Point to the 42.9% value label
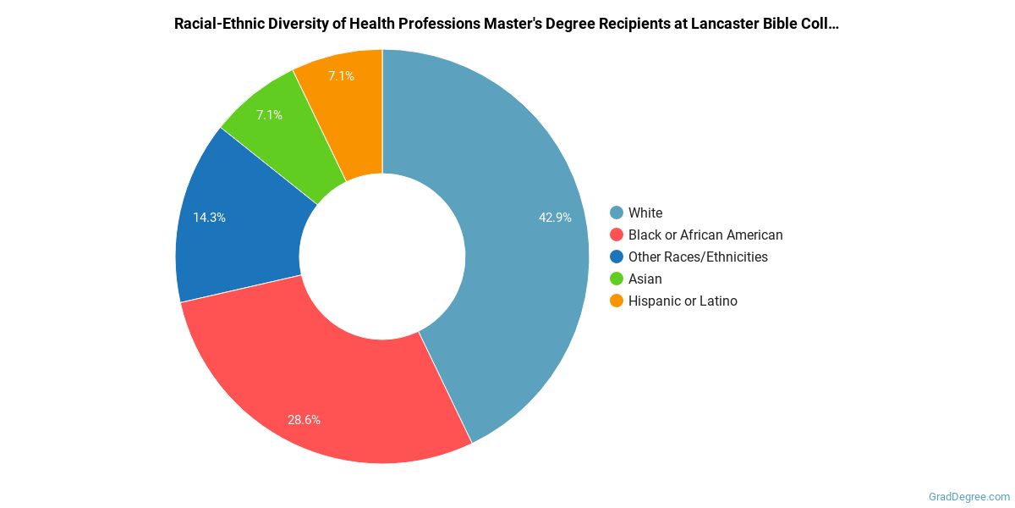(x=555, y=218)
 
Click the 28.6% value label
(x=304, y=419)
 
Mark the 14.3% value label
(x=209, y=218)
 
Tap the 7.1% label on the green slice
(x=270, y=115)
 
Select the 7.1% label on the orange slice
(x=341, y=76)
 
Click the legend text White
(x=645, y=213)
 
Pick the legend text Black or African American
(x=705, y=235)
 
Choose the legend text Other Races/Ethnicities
(x=698, y=257)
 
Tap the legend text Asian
(x=645, y=279)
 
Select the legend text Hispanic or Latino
(x=683, y=301)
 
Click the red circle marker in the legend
(x=617, y=235)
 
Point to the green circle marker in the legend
(x=617, y=279)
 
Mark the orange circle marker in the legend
(x=617, y=301)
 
